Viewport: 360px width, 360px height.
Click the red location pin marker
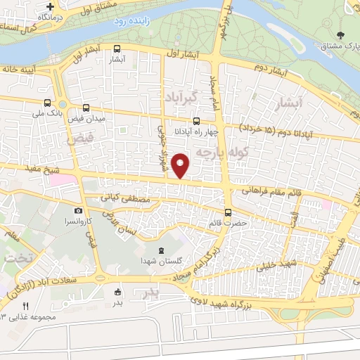(x=181, y=165)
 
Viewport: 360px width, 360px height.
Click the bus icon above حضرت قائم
(x=227, y=212)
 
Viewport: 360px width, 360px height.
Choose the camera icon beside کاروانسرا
(x=77, y=210)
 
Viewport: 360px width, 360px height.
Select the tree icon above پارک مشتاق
(x=341, y=34)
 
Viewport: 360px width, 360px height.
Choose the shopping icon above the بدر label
(x=117, y=292)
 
